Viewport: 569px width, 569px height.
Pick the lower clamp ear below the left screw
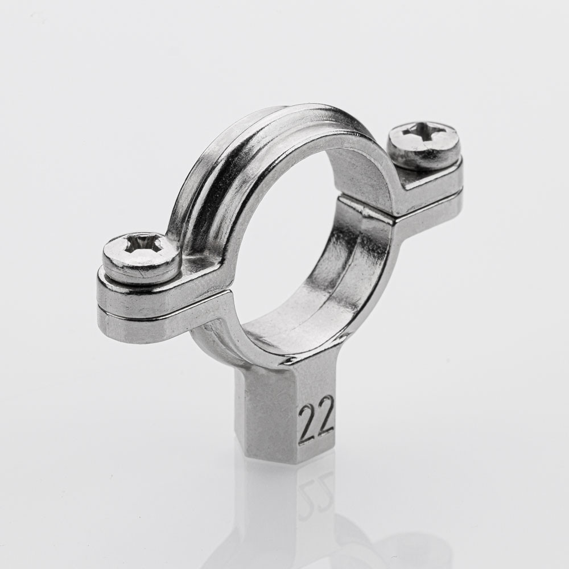pos(152,321)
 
